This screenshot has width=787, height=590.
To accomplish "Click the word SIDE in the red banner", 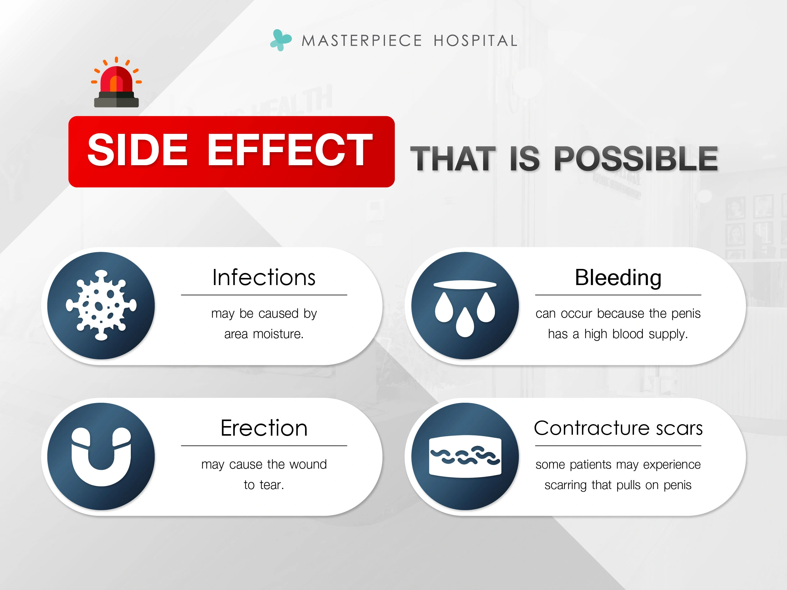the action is click(137, 150).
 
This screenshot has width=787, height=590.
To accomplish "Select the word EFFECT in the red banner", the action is click(290, 150).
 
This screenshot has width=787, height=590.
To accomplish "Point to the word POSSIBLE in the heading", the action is click(636, 159).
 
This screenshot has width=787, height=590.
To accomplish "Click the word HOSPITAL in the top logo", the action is click(475, 41).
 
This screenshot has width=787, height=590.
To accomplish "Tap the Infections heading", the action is click(264, 277).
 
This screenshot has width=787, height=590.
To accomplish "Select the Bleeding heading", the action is click(618, 278).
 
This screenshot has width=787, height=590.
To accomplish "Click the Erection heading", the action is click(264, 428).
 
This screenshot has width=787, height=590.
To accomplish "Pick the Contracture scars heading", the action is click(618, 428).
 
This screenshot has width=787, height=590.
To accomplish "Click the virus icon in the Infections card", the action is click(101, 306).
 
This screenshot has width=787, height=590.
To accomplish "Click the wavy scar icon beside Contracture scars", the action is click(465, 456).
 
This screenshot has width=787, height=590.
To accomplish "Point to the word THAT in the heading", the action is click(453, 159).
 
